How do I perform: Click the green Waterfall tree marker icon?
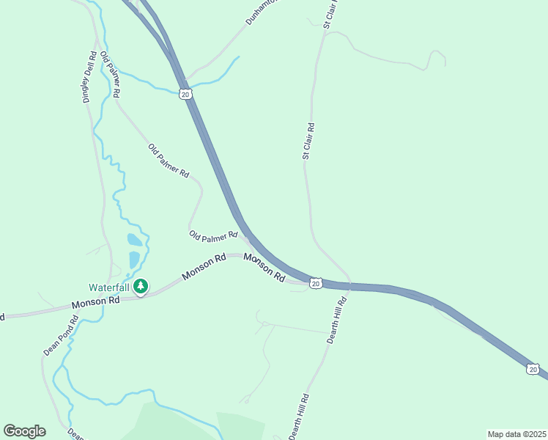click(x=141, y=287)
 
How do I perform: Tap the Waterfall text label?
click(x=109, y=287)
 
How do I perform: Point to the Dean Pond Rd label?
click(x=60, y=336)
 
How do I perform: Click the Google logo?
click(x=24, y=430)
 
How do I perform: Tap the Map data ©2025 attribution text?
click(x=516, y=434)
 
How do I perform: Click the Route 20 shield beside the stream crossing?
click(x=185, y=95)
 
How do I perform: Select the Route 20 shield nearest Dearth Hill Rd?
click(x=315, y=283)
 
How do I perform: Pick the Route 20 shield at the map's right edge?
click(x=533, y=369)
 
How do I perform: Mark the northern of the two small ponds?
click(x=135, y=240)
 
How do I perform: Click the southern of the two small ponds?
click(x=134, y=259)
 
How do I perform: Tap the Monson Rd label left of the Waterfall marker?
click(x=95, y=302)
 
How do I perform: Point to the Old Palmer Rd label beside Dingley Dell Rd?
click(x=111, y=76)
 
